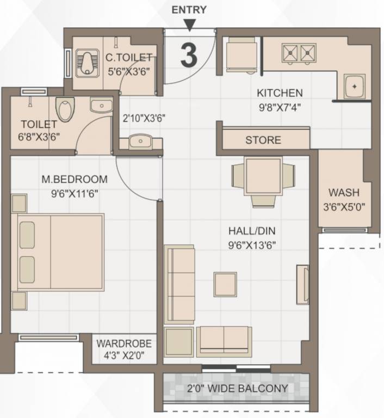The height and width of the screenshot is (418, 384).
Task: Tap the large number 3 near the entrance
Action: click(189, 55)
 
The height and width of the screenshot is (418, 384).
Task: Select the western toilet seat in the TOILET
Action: click(65, 109)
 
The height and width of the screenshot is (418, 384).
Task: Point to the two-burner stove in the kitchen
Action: click(299, 54)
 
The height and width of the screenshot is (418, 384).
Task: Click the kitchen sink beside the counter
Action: click(355, 87)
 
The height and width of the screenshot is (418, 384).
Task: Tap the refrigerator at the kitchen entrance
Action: click(241, 55)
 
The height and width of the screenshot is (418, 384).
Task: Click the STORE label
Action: click(263, 140)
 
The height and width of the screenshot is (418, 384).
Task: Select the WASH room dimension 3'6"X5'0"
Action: click(344, 207)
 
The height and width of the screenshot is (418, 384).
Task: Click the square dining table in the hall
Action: click(263, 176)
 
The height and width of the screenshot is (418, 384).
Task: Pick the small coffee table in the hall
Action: click(225, 284)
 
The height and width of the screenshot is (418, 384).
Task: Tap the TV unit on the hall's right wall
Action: click(303, 285)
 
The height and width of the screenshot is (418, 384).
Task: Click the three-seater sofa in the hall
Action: click(179, 285)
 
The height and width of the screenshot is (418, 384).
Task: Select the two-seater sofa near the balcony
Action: click(224, 342)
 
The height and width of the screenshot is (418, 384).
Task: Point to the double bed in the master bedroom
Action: click(58, 252)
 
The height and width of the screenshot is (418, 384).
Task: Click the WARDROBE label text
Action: click(124, 343)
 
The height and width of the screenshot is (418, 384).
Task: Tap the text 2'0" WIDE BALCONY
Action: click(237, 388)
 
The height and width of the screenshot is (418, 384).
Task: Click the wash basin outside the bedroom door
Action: click(140, 142)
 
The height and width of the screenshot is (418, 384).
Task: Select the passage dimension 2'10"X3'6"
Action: click(144, 118)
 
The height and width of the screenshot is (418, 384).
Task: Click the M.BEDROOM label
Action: click(75, 179)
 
